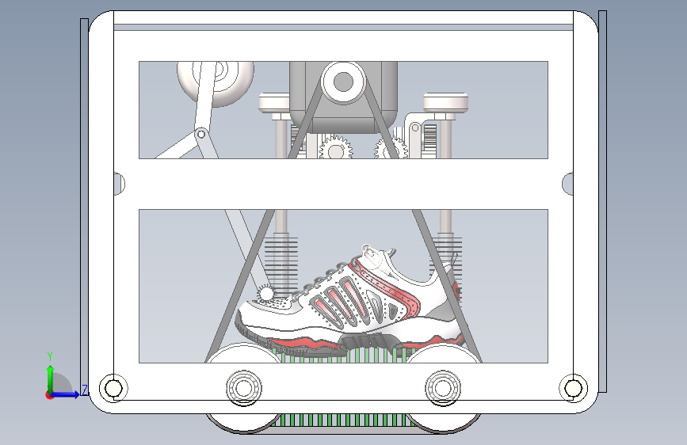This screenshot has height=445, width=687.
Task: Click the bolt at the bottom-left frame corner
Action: pos(113,388)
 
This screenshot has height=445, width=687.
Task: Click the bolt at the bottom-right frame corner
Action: pos(572,388)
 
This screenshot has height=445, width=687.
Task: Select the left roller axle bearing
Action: pos(243,388)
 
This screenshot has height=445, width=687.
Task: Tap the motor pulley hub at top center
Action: pos(343,81)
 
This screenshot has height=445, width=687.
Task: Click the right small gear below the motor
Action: pos(391,148)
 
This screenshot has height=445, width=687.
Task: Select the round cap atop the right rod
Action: pos(446,102)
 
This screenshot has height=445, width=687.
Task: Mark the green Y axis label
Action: pos(49,356)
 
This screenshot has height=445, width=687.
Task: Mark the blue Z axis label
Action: pos(84,390)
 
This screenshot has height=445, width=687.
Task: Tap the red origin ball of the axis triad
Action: pos(50,394)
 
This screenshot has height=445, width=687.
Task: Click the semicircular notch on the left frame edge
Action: pos(119,184)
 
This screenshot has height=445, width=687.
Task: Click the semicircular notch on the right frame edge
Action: pos(567,184)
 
